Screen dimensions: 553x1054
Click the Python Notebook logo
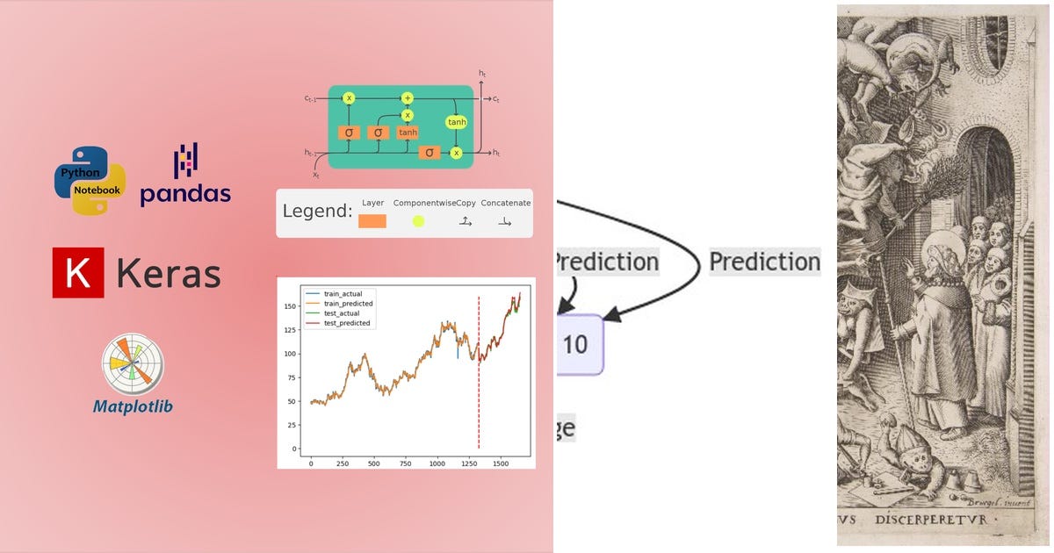90,180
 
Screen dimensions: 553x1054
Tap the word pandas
185,194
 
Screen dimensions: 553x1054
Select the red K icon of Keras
78,273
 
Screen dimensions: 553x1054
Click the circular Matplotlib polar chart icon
133,363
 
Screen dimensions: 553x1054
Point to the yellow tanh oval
457,122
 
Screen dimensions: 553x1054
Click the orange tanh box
408,133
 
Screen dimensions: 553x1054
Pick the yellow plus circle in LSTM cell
408,98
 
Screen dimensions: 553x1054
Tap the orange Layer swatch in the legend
372,221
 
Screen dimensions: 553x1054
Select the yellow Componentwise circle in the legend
418,221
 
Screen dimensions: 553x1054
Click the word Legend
317,212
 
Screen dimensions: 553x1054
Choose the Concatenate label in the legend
506,203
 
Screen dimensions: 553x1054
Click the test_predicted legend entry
347,323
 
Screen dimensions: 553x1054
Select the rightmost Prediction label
764,262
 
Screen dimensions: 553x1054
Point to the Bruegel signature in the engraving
1010,503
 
